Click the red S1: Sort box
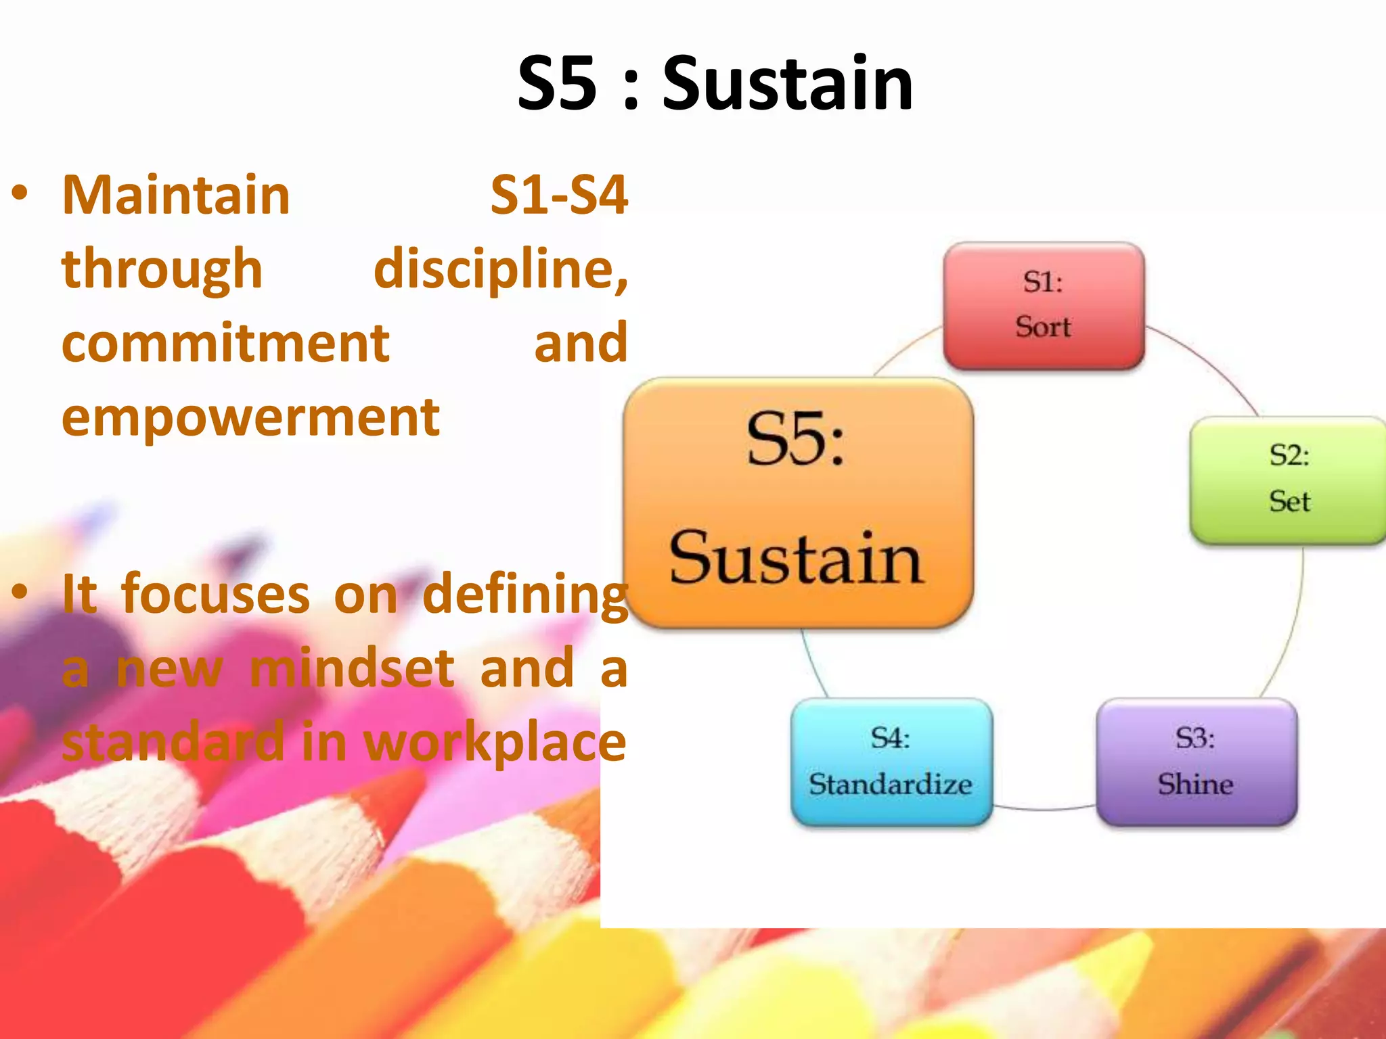click(1044, 306)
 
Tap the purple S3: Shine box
click(1196, 762)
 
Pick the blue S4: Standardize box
click(891, 762)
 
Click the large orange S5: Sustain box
click(797, 503)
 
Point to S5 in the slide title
click(558, 84)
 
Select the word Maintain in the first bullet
click(176, 195)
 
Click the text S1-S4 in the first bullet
click(559, 195)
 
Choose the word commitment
click(225, 343)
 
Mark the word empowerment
click(250, 417)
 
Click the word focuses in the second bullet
click(215, 595)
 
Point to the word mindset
click(352, 668)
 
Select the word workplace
click(495, 743)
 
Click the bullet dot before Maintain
click(20, 193)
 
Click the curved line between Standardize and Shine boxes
click(1044, 808)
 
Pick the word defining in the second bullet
click(525, 595)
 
